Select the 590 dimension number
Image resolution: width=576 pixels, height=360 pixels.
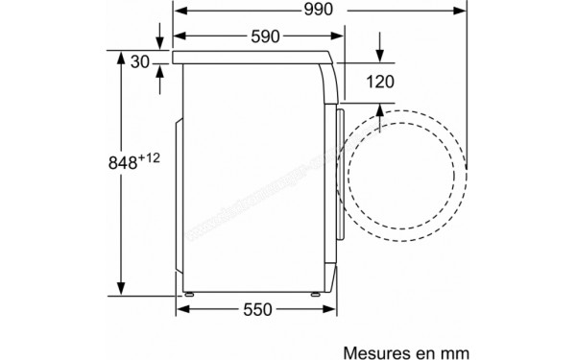(258, 37)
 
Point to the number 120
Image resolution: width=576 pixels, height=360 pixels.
(380, 82)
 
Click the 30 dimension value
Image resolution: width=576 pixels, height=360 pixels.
(140, 63)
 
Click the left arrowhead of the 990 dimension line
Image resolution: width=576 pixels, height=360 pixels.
(180, 11)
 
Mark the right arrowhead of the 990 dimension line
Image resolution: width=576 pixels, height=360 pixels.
(462, 11)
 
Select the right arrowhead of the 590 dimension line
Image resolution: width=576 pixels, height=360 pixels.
(338, 37)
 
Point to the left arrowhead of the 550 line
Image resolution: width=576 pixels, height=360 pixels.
(180, 309)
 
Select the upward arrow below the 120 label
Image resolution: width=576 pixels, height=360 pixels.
(381, 111)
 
